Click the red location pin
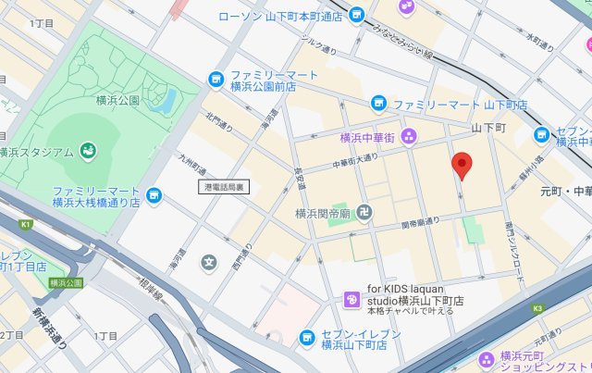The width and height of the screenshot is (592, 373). click(463, 165)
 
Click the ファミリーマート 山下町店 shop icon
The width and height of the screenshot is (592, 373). click(377, 104)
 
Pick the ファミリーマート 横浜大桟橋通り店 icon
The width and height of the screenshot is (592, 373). click(154, 194)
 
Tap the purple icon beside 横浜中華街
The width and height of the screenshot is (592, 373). click(410, 138)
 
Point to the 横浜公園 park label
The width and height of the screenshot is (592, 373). click(117, 99)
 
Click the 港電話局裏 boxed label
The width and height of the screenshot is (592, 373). click(224, 186)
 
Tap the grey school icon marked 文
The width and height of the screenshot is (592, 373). click(209, 264)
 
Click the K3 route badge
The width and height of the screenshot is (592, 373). click(537, 308)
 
